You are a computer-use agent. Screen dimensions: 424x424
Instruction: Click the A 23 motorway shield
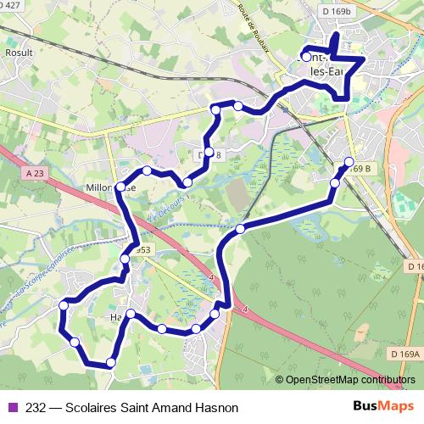(35, 172)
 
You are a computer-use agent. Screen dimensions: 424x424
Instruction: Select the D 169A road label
(407, 354)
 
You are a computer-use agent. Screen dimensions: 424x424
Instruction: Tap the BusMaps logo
(376, 406)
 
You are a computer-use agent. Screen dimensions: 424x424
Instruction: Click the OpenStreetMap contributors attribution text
(349, 381)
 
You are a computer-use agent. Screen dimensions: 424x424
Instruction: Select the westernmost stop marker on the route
(64, 304)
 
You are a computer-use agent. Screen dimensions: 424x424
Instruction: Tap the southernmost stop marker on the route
(111, 363)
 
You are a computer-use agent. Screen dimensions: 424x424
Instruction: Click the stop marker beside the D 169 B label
(349, 162)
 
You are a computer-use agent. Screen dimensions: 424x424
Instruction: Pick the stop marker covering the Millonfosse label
(121, 187)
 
